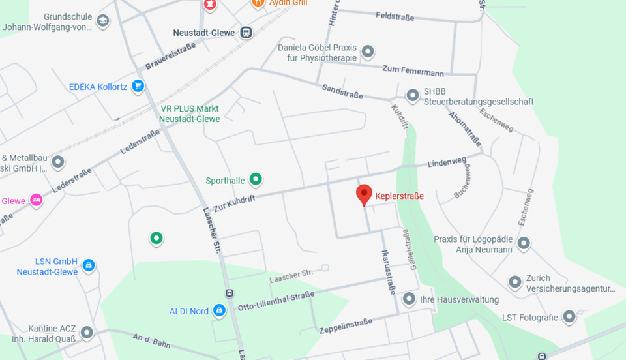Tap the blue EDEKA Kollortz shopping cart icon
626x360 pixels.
tap(138, 86)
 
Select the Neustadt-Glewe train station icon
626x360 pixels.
tap(246, 32)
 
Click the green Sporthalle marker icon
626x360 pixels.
tap(256, 179)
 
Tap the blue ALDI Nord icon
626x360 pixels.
tap(219, 310)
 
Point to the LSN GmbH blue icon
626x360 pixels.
tap(89, 265)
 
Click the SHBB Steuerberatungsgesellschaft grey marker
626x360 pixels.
tap(412, 96)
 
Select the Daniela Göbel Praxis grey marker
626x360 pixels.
tap(368, 51)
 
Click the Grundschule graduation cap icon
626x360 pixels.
tap(102, 22)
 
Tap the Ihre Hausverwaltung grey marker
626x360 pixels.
tap(409, 299)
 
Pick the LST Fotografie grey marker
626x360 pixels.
tap(569, 317)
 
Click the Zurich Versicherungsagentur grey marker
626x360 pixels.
tap(515, 282)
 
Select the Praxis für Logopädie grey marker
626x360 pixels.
tap(523, 245)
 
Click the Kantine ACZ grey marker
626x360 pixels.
tap(86, 333)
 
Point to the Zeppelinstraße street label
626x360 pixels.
tap(346, 325)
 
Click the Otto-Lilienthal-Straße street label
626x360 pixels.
tap(276, 301)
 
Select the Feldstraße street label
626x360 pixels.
tap(395, 17)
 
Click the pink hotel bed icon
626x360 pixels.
tap(37, 200)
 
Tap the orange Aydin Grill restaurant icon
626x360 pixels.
tap(258, 3)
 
